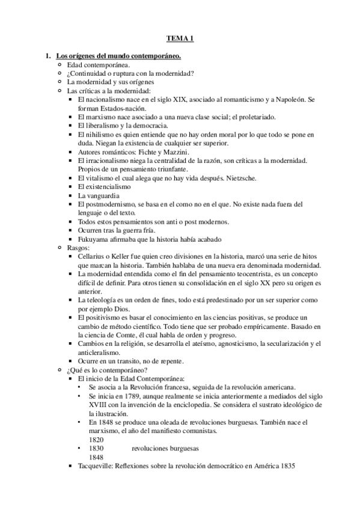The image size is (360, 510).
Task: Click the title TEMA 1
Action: pyautogui.click(x=180, y=39)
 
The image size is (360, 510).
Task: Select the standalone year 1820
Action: pyautogui.click(x=97, y=440)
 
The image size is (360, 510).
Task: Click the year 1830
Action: pyautogui.click(x=97, y=449)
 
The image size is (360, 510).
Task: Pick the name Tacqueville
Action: pyautogui.click(x=99, y=467)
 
